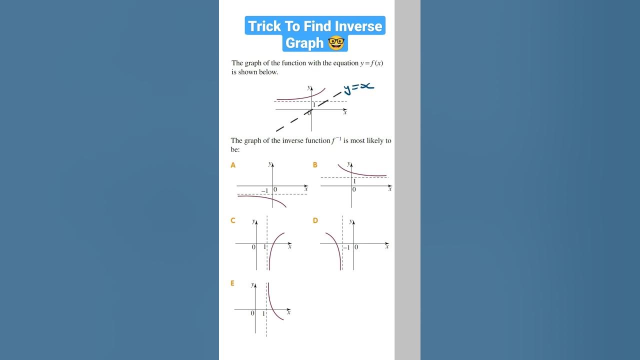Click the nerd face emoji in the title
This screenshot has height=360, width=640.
(x=336, y=43)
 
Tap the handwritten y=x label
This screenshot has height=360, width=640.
(x=358, y=88)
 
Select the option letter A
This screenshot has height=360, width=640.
(x=233, y=165)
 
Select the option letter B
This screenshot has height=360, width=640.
(x=315, y=165)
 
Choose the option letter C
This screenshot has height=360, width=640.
(x=233, y=220)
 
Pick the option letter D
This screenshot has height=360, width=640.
(x=315, y=220)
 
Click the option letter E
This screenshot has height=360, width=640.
(x=232, y=283)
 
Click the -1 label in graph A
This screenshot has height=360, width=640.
(x=264, y=190)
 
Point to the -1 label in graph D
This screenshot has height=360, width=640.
(x=346, y=247)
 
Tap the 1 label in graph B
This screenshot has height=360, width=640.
(x=354, y=181)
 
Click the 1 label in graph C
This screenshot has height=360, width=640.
(x=265, y=247)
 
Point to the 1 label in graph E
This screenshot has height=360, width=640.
(x=263, y=313)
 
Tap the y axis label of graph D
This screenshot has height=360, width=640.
(x=350, y=220)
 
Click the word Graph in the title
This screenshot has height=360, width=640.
(x=304, y=43)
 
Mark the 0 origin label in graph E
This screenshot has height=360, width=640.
(x=252, y=313)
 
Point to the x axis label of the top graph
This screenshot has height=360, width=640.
(x=345, y=112)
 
